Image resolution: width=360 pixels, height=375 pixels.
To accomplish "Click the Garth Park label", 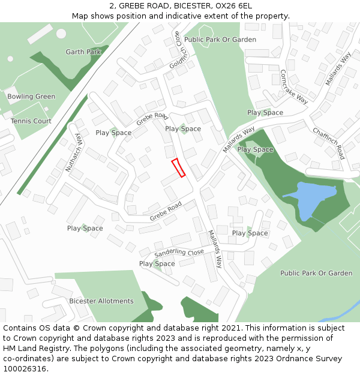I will pos(83,52).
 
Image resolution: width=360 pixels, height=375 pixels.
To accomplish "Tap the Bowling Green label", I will pos(31,97).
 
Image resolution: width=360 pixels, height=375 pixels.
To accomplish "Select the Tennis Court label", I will pos(31,121).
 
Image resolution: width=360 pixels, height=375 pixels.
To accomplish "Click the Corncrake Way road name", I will pos(294,87).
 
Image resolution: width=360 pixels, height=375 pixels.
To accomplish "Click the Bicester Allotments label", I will pos(101,301).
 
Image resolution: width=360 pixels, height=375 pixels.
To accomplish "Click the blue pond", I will pos(311,199).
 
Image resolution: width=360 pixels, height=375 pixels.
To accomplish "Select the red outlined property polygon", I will pos(178,168).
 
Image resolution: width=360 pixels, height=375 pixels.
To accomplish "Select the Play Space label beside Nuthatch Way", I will pos(113,133).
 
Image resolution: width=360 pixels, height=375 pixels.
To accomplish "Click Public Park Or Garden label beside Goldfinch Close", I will pos(220,40).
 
